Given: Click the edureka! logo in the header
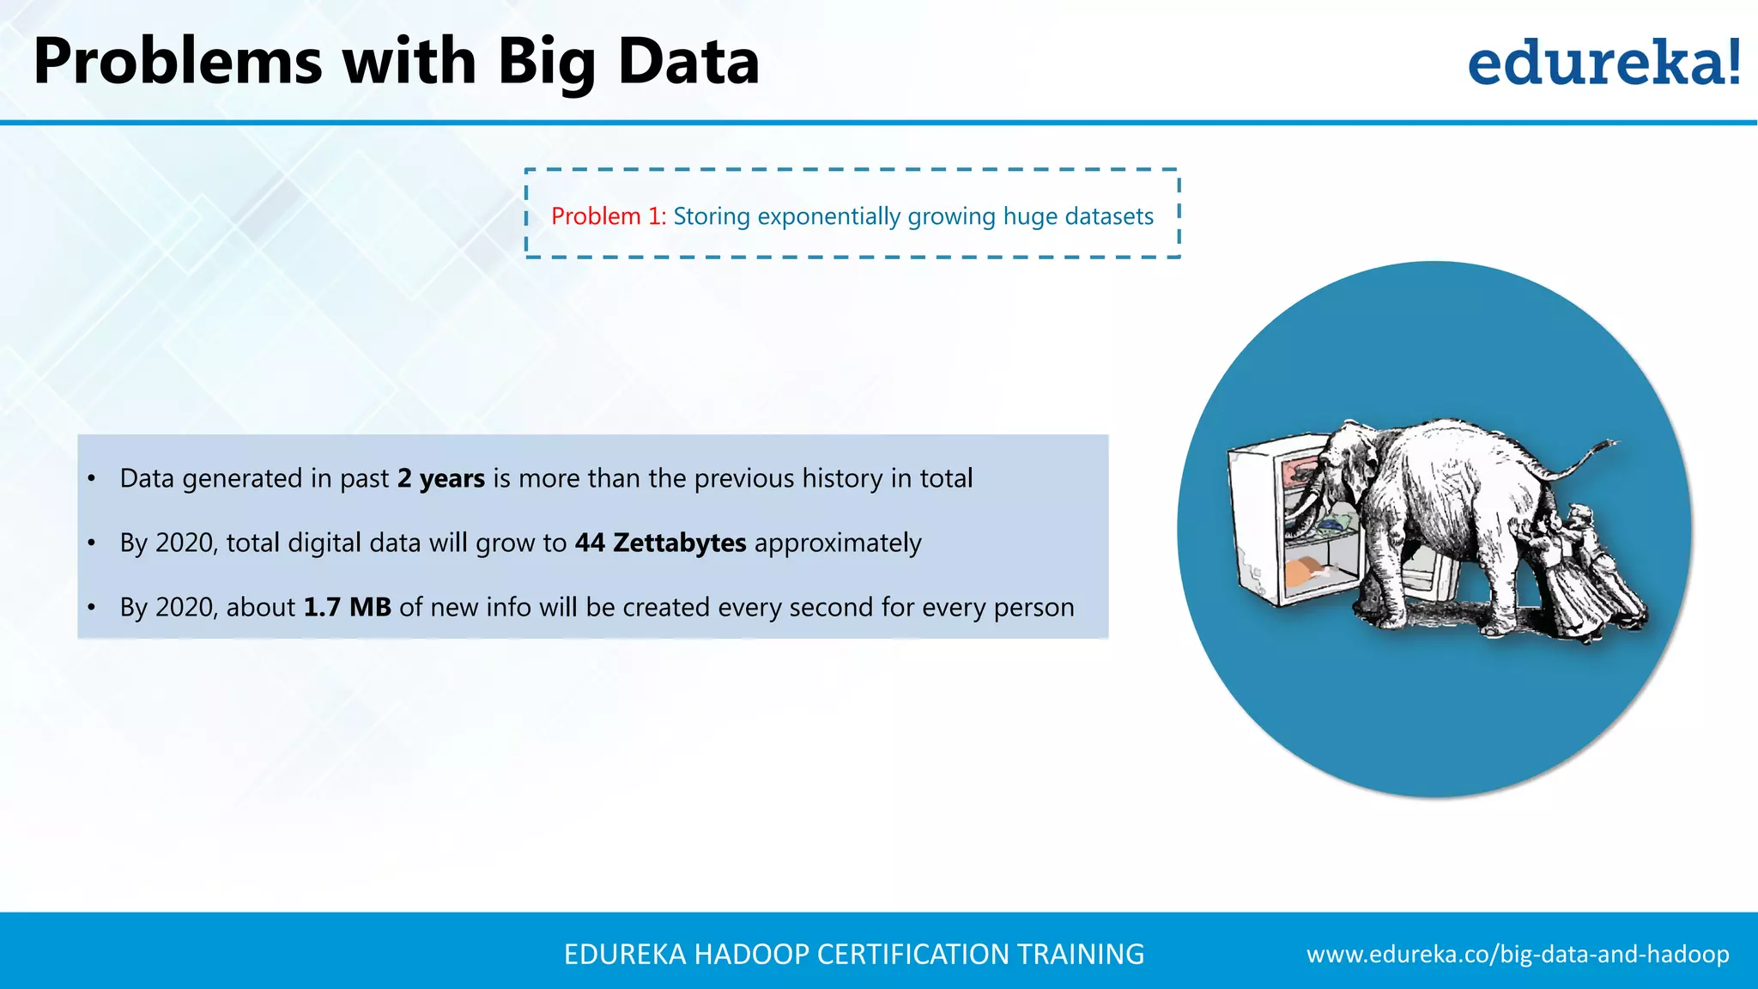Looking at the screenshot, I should tap(1603, 63).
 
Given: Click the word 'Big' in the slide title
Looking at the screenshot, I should tap(546, 63).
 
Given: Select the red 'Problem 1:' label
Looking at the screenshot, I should tap(608, 216).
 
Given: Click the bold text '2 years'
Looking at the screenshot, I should tap(441, 478).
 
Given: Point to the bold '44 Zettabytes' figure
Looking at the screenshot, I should tap(660, 543).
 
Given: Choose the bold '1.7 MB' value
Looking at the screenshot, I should tap(347, 607).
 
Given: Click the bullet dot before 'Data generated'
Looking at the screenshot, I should tap(92, 478).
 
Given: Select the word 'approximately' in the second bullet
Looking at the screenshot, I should tap(838, 543).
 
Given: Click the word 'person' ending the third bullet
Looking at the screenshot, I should tap(1034, 607).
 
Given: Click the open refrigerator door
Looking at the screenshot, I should tap(1255, 524).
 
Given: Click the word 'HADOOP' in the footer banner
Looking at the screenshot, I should tap(751, 954).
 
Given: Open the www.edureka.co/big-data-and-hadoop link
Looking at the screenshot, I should tap(1518, 954).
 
